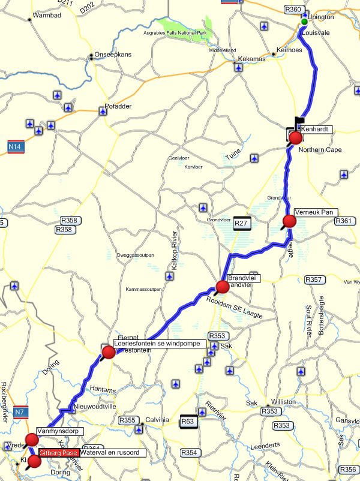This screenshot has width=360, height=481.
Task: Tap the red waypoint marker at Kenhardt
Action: pyautogui.click(x=295, y=139)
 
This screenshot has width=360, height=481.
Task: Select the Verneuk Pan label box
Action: pyautogui.click(x=316, y=212)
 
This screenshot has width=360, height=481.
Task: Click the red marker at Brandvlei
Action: pyautogui.click(x=223, y=287)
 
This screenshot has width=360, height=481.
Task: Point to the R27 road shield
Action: pyautogui.click(x=241, y=223)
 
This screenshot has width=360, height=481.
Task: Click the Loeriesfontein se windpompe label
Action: pyautogui.click(x=160, y=344)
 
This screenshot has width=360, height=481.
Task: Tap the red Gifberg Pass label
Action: pyautogui.click(x=59, y=453)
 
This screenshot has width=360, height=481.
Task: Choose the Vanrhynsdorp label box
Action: pyautogui.click(x=59, y=431)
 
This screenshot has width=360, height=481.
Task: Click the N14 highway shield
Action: pyautogui.click(x=16, y=146)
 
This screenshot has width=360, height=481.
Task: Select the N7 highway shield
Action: pyautogui.click(x=20, y=412)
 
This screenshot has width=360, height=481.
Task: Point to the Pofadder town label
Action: pyautogui.click(x=118, y=107)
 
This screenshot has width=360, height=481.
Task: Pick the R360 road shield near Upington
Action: pyautogui.click(x=293, y=10)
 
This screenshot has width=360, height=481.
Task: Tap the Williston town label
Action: pyautogui.click(x=284, y=401)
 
